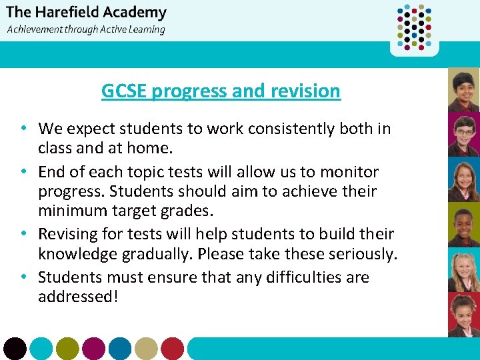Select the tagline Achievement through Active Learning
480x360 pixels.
click(86, 29)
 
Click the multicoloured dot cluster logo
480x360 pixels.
click(414, 27)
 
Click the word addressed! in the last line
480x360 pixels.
click(78, 296)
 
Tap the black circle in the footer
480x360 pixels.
click(15, 349)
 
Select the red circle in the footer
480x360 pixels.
click(172, 349)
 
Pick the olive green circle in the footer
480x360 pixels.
click(67, 349)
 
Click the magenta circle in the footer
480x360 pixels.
click(93, 349)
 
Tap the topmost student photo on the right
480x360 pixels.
click(463, 89)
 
